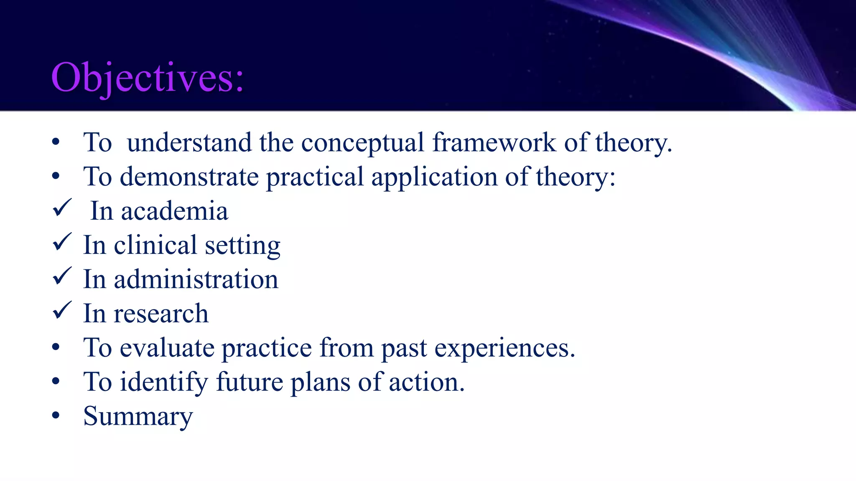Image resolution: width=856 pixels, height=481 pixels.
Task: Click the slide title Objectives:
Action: (x=147, y=78)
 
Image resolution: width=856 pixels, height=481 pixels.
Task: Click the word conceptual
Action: (x=362, y=143)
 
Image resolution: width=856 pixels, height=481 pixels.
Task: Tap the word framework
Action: (x=494, y=143)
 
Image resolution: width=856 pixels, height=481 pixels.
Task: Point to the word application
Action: (x=434, y=177)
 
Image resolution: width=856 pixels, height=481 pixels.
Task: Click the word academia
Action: (x=175, y=211)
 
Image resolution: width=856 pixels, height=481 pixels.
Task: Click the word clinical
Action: (x=155, y=246)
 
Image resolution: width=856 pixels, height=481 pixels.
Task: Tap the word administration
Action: (x=196, y=280)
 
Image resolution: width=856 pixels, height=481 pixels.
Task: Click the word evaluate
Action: (x=167, y=348)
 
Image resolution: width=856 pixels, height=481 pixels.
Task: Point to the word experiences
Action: (x=504, y=348)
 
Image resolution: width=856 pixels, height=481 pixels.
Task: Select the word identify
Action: (x=164, y=382)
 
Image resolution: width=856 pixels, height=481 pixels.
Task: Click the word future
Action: (x=250, y=382)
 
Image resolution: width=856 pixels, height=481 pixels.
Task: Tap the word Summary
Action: (x=138, y=417)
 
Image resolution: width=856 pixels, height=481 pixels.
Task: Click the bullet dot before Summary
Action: (x=56, y=415)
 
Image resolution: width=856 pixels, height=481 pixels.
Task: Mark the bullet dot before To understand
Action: (x=56, y=142)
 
